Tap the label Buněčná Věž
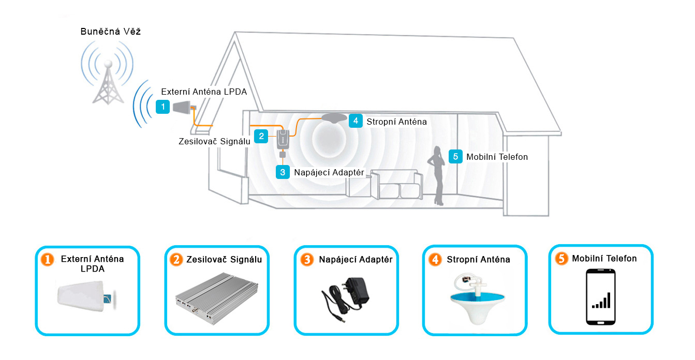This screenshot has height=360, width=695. point(111,32)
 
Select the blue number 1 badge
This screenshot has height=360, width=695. point(163,107)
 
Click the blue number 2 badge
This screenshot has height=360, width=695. point(262,136)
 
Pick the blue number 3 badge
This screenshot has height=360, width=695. point(283,172)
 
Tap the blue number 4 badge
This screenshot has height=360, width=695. point(355,121)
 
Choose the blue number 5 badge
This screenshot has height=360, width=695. point(455,156)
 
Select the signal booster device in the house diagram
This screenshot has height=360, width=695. point(283,139)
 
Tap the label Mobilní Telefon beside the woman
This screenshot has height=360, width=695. point(497,157)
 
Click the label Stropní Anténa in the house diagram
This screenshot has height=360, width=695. point(396,122)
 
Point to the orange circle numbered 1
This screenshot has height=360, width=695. point(47,260)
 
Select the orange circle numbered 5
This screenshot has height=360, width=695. point(561,259)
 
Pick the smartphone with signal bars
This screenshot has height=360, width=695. point(600,297)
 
